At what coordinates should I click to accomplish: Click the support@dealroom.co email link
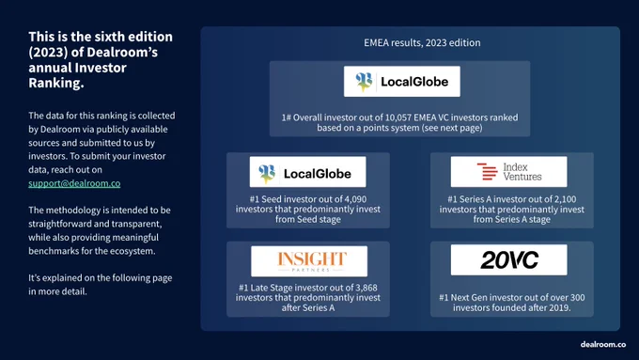click(x=74, y=183)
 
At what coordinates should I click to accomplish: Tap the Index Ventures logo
click(x=508, y=172)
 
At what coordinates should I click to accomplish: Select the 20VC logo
click(x=508, y=259)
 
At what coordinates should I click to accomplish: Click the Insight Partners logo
click(x=309, y=261)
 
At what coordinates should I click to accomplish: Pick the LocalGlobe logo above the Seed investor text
click(x=307, y=172)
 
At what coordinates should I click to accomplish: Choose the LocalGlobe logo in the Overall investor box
click(x=402, y=82)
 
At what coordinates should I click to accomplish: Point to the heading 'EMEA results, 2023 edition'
click(x=422, y=43)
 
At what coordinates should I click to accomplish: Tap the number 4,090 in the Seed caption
click(x=355, y=199)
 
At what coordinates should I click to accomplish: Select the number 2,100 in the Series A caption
click(x=566, y=199)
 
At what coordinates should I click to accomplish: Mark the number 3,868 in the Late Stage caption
click(x=366, y=288)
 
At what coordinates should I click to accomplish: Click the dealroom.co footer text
click(x=603, y=345)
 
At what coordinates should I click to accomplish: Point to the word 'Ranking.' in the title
click(x=56, y=83)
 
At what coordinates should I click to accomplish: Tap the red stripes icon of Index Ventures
click(x=488, y=171)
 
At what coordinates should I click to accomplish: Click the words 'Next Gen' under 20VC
click(x=469, y=298)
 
